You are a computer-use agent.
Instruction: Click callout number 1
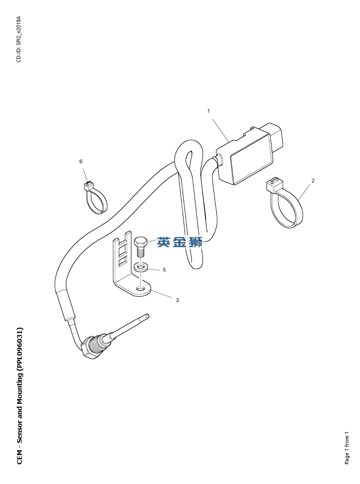point(208,111)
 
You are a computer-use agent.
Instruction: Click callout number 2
point(313,181)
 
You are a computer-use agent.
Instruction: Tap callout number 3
point(177,300)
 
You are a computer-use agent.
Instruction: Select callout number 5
point(164,270)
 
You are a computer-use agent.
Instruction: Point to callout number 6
point(81,162)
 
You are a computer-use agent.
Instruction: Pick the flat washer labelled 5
point(140,267)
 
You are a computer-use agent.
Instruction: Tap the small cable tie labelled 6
point(95,198)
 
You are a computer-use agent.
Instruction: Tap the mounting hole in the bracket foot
point(140,288)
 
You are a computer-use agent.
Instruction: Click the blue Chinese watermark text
point(180,242)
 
